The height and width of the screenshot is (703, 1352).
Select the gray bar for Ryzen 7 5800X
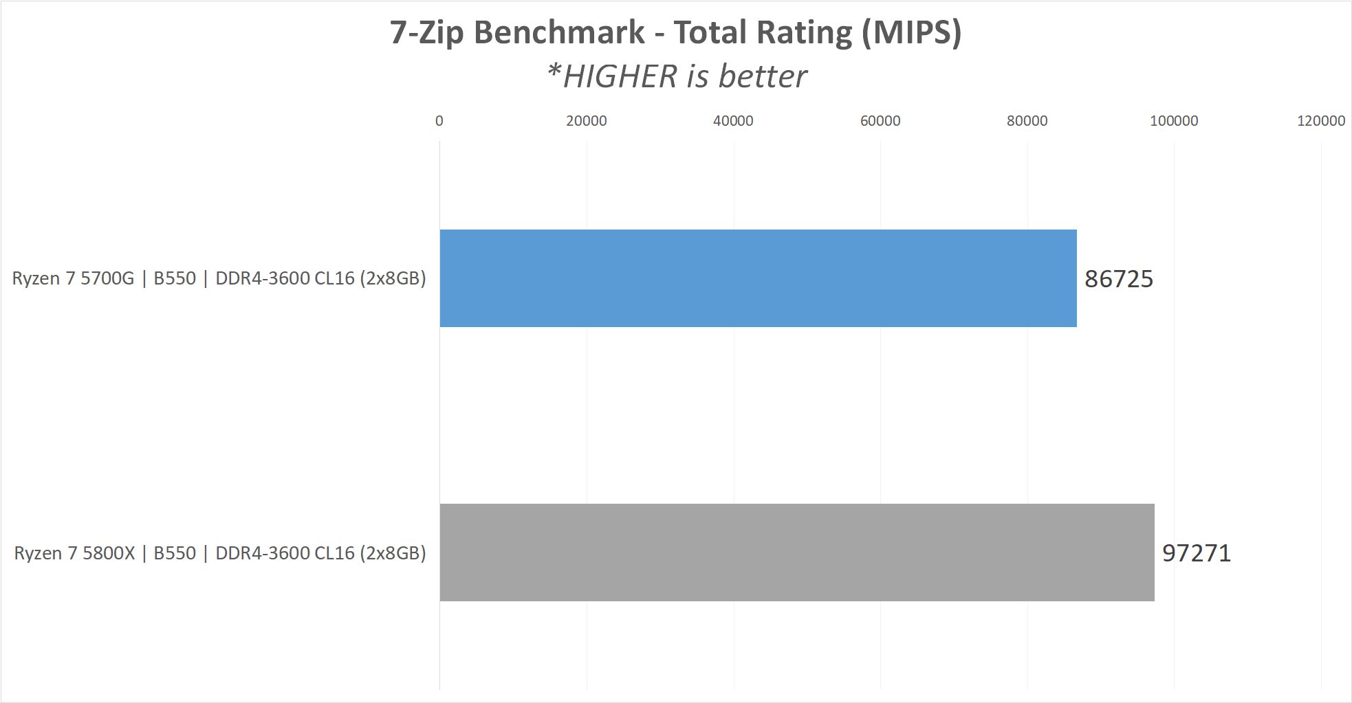click(796, 553)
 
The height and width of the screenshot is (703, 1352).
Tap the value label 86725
click(1118, 279)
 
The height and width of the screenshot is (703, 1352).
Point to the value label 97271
click(1196, 553)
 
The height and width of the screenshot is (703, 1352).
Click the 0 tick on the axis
click(439, 121)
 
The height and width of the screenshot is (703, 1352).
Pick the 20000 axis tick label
click(586, 121)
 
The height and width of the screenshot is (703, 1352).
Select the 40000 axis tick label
click(733, 121)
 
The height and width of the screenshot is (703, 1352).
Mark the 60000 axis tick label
click(880, 121)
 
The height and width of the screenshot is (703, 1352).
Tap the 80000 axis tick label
click(1027, 121)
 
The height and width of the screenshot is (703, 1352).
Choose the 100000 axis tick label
click(1174, 121)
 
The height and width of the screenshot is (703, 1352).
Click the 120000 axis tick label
click(1320, 121)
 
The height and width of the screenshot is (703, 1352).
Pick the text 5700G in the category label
click(107, 278)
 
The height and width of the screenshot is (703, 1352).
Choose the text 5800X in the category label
click(109, 553)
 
